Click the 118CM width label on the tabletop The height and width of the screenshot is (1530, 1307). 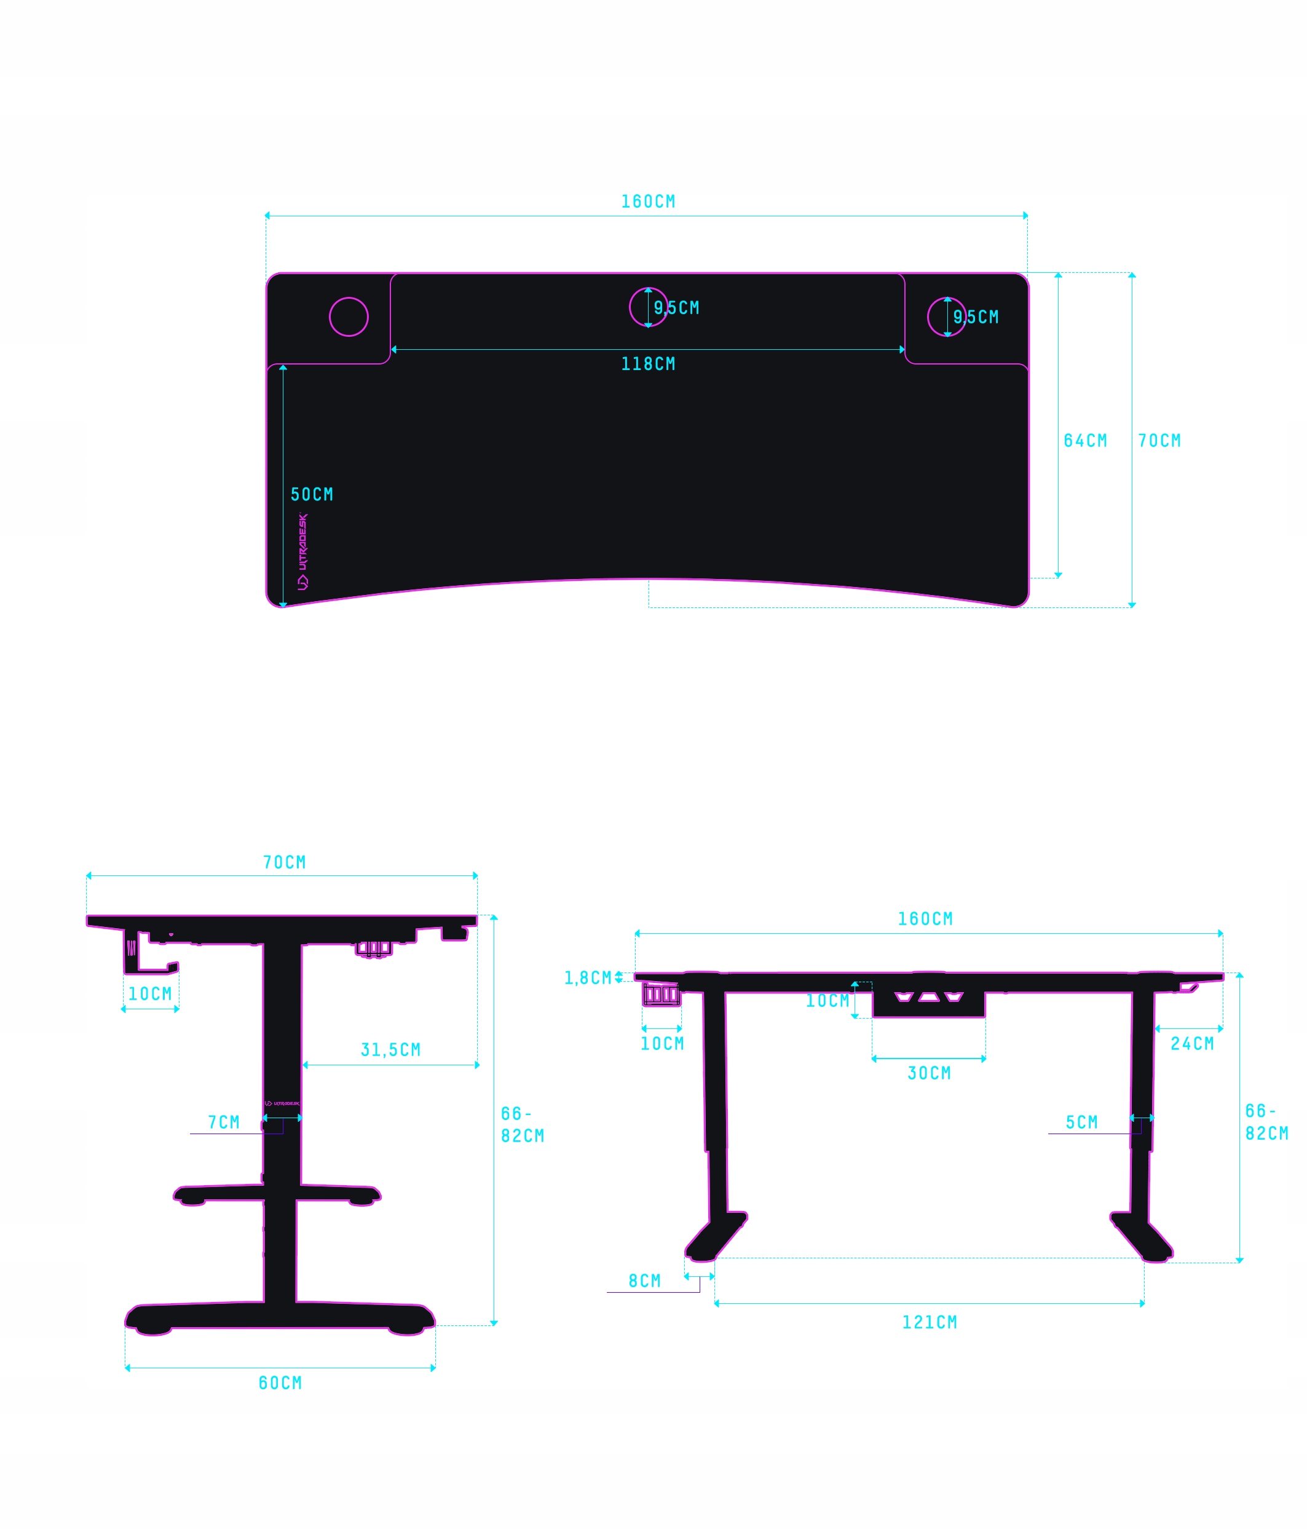(x=647, y=364)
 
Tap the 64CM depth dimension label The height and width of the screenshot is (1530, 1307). (x=1084, y=441)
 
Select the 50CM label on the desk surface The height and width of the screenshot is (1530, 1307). (x=312, y=495)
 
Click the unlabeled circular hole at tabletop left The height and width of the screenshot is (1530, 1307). (x=349, y=317)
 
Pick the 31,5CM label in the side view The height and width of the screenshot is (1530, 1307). (x=390, y=1050)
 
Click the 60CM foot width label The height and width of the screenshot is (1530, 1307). (x=280, y=1383)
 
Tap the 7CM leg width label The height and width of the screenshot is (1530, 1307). (x=224, y=1122)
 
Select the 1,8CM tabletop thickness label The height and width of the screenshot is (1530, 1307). (x=587, y=979)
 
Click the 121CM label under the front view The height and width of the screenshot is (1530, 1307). (x=929, y=1322)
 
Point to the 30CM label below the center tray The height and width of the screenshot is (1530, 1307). (x=929, y=1073)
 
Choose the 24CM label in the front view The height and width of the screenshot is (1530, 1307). (x=1192, y=1043)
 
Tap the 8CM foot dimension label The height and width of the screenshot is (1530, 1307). (x=644, y=1281)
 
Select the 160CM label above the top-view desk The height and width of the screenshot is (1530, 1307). (x=647, y=202)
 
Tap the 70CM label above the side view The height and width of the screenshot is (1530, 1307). (x=284, y=862)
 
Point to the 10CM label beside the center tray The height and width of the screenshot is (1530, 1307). (x=827, y=1001)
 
